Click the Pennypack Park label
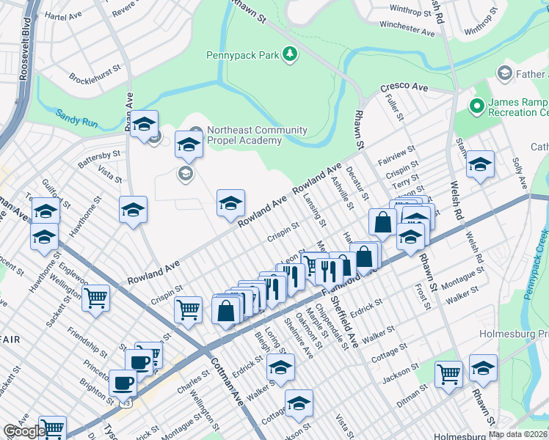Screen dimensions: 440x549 246,54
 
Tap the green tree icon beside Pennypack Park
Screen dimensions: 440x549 291,53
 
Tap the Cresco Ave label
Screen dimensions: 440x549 404,87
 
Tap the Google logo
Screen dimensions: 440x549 23,431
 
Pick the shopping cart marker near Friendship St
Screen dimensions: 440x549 95,298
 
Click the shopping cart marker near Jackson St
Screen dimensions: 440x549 448,373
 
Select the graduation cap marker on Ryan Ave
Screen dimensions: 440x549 145,122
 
